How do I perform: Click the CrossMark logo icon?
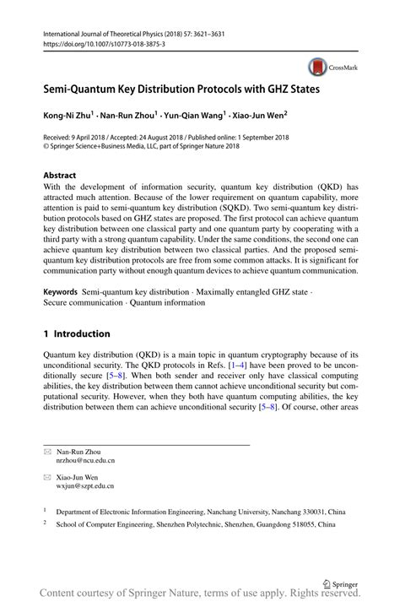(x=318, y=68)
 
